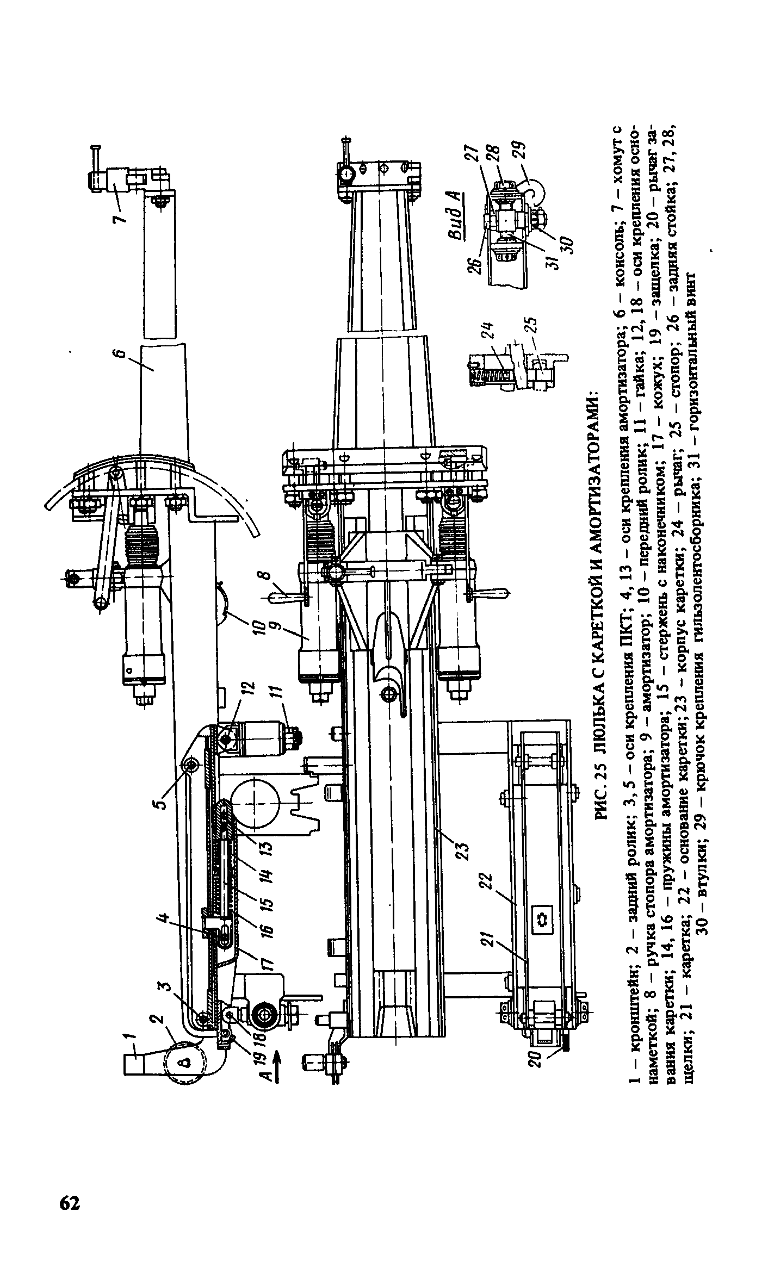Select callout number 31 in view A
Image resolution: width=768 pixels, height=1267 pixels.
(554, 260)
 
